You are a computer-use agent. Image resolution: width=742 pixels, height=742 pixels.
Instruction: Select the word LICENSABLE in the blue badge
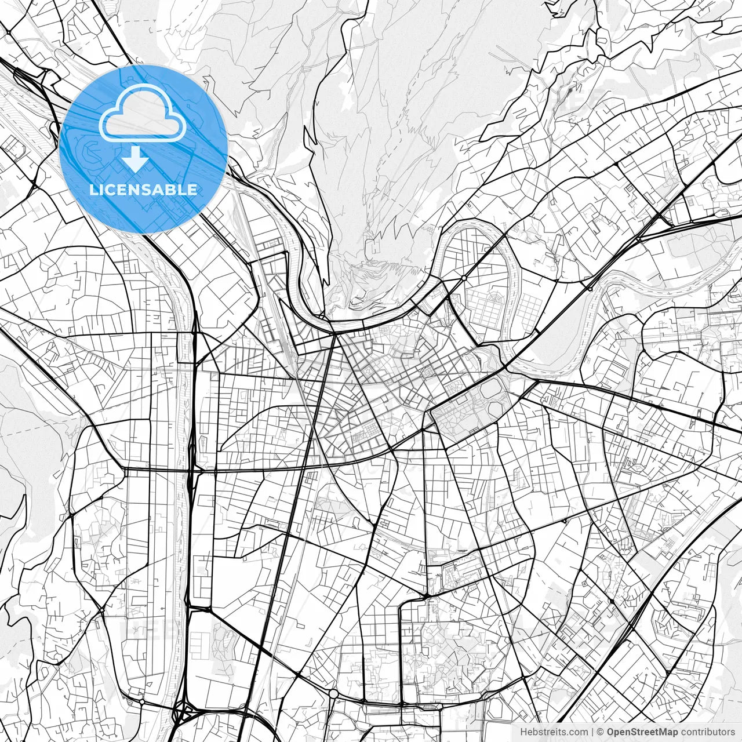click(143, 190)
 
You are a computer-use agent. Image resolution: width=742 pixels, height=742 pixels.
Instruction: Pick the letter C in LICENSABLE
click(111, 190)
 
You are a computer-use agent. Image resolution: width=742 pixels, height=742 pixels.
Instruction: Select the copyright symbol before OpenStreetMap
click(601, 732)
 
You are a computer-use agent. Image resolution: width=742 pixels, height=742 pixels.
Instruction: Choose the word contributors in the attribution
click(708, 732)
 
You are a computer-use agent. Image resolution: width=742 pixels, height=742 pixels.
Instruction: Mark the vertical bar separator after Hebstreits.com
click(592, 732)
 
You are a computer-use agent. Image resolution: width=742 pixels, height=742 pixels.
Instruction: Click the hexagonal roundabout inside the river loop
click(464, 279)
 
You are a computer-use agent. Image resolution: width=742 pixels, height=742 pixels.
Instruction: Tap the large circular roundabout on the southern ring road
click(333, 693)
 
